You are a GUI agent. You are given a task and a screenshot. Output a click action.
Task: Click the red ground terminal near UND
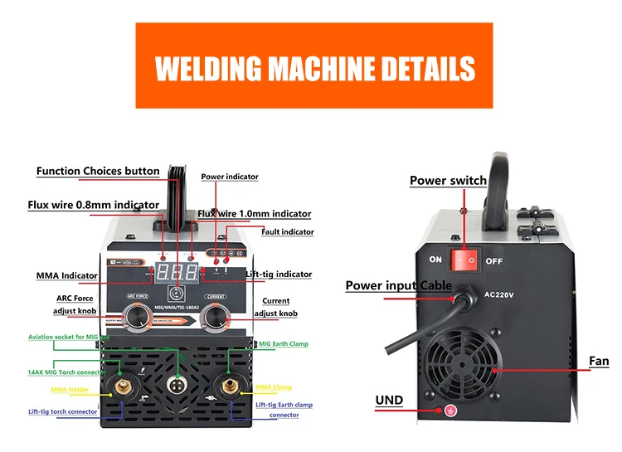451,410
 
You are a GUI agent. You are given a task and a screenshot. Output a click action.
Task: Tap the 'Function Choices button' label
98,172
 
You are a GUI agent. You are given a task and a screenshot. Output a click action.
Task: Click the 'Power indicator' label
230,177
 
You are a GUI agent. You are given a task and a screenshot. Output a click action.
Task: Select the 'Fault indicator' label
288,232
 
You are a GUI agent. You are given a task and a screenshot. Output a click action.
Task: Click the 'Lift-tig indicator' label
277,275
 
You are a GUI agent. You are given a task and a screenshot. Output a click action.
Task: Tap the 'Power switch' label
448,181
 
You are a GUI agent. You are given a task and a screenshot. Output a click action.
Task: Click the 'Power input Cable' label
398,286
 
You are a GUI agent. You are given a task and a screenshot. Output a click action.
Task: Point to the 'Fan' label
599,362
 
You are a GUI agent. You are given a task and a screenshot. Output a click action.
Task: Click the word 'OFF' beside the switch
494,260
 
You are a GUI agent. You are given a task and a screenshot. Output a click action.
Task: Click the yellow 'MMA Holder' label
70,389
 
